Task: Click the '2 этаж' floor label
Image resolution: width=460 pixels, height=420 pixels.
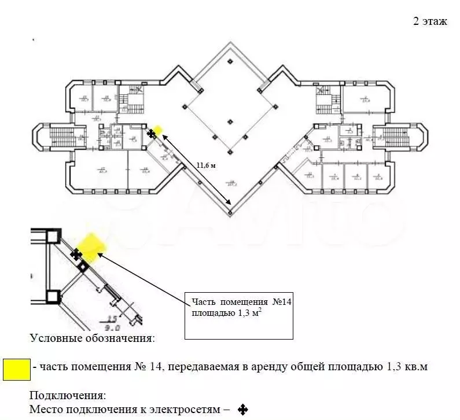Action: (x=429, y=21)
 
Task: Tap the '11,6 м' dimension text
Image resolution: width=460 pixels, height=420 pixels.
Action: (x=205, y=165)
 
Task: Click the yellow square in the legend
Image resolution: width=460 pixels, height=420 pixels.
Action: (x=17, y=369)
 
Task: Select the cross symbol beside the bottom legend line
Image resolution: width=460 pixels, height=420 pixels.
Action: (x=243, y=410)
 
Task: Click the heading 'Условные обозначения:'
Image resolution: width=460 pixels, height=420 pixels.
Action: (x=92, y=338)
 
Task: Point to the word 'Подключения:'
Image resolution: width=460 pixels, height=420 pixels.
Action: (x=68, y=396)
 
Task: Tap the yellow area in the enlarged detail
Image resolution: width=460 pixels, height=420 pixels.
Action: (x=91, y=245)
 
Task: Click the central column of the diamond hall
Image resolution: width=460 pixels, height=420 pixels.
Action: (x=230, y=121)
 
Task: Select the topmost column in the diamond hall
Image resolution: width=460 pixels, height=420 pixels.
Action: (x=230, y=61)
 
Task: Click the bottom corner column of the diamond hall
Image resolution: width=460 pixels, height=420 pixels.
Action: (x=230, y=213)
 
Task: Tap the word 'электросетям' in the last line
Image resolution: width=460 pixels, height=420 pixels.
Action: (x=185, y=410)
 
